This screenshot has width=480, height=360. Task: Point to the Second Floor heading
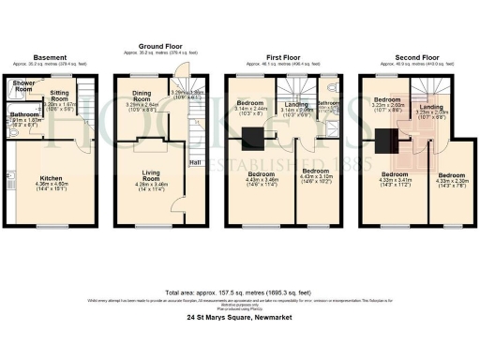pos(415,56)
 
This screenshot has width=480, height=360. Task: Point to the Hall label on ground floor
pos(194,161)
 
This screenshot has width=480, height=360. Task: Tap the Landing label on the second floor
pos(431,109)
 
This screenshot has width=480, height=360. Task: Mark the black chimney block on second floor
pos(385,142)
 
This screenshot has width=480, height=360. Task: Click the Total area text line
pos(240,291)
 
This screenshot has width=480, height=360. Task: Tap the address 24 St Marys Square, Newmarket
pos(240,317)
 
